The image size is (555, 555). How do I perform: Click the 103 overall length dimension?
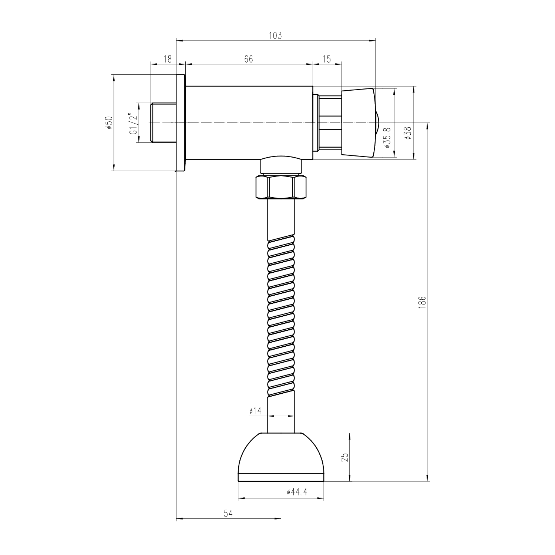pyautogui.click(x=275, y=36)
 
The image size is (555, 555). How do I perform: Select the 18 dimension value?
pyautogui.click(x=168, y=59)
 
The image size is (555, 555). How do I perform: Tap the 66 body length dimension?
pyautogui.click(x=248, y=59)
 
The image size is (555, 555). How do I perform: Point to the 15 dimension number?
pyautogui.click(x=327, y=59)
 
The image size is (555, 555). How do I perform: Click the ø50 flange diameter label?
pyautogui.click(x=109, y=122)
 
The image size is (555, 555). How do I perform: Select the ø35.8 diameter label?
pyautogui.click(x=387, y=138)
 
